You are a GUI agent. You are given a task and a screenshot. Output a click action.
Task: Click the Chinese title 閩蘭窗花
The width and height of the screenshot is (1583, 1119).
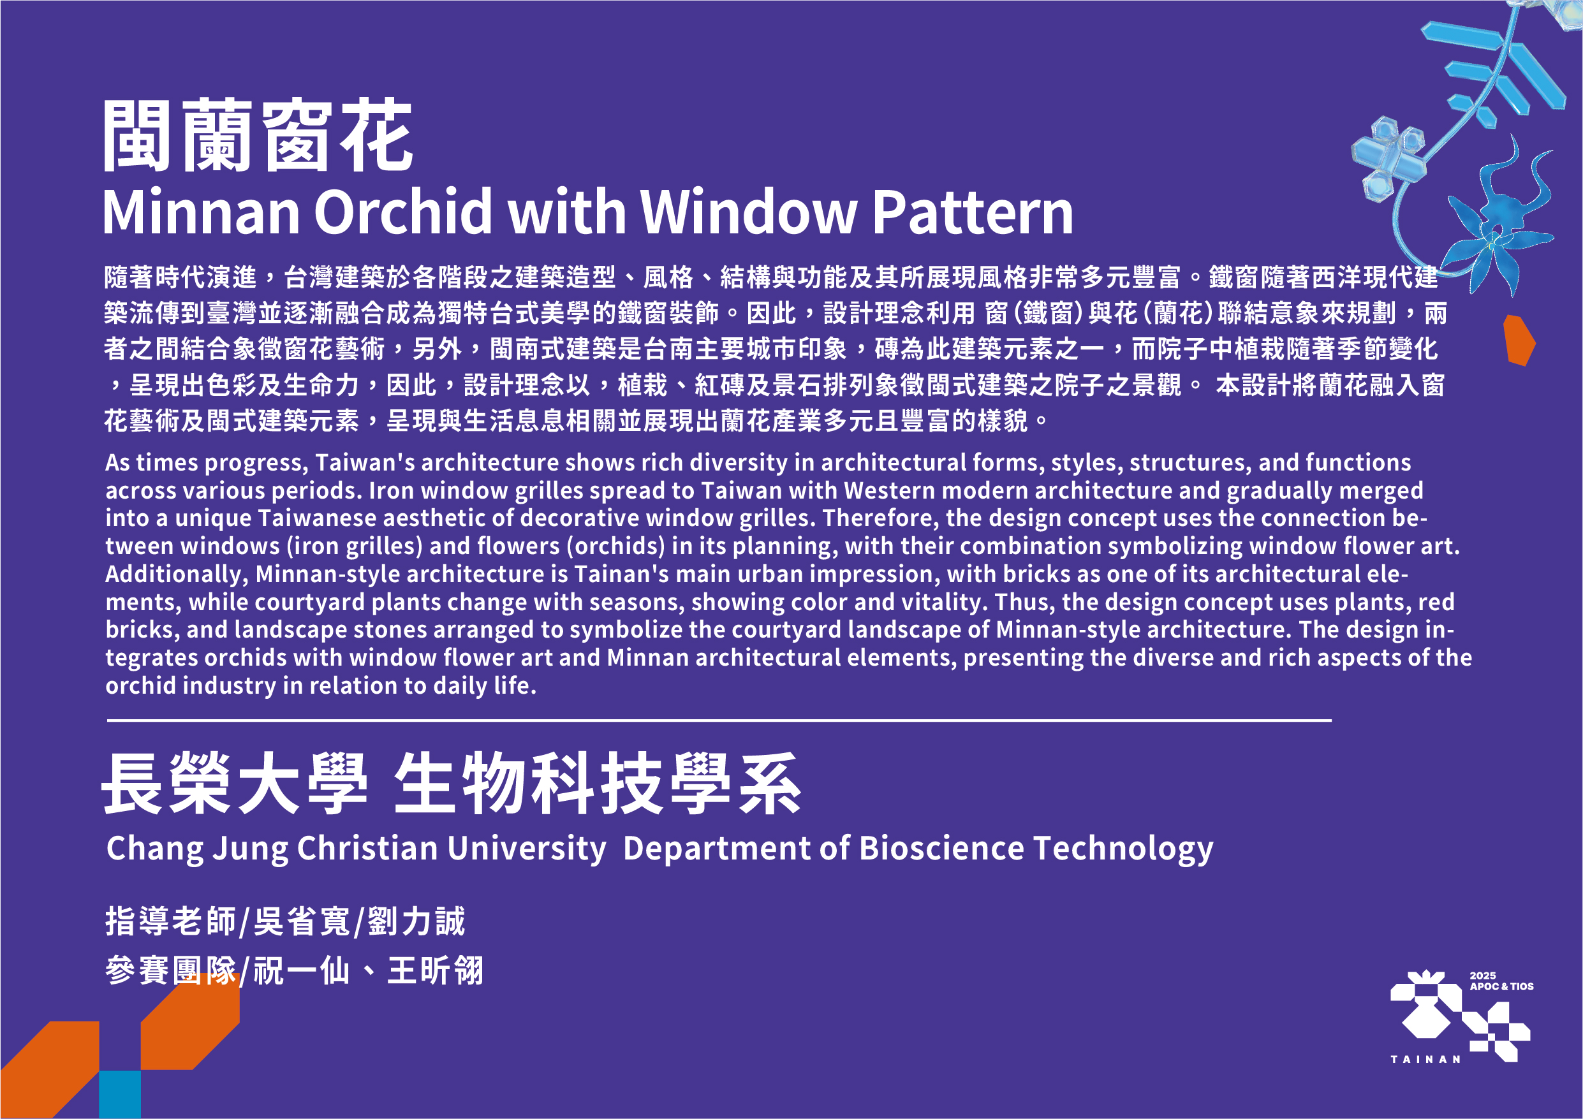(x=258, y=135)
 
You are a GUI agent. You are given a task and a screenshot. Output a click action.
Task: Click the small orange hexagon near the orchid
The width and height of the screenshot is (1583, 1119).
(x=1519, y=340)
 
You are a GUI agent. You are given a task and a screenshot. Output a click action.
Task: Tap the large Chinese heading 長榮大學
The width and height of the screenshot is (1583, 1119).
(x=235, y=784)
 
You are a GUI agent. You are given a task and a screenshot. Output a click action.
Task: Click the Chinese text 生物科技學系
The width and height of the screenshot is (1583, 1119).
(x=597, y=784)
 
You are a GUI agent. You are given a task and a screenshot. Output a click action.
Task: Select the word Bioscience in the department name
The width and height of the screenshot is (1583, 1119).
(x=942, y=848)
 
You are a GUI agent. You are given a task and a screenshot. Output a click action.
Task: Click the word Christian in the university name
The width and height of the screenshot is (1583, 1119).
(x=367, y=848)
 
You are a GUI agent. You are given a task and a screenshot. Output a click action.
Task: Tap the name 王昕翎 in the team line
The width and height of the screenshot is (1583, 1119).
(x=435, y=971)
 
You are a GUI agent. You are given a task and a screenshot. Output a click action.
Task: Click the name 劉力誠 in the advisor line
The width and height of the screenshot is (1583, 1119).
(x=416, y=922)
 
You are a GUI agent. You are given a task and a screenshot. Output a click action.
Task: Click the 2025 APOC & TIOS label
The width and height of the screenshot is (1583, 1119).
(x=1501, y=981)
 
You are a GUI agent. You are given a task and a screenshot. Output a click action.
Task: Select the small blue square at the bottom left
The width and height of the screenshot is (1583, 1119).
(x=120, y=1094)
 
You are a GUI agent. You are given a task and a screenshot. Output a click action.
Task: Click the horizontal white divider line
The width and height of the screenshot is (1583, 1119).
(x=719, y=720)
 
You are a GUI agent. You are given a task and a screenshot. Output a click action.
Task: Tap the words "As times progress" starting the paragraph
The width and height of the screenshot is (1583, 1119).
(x=206, y=463)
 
